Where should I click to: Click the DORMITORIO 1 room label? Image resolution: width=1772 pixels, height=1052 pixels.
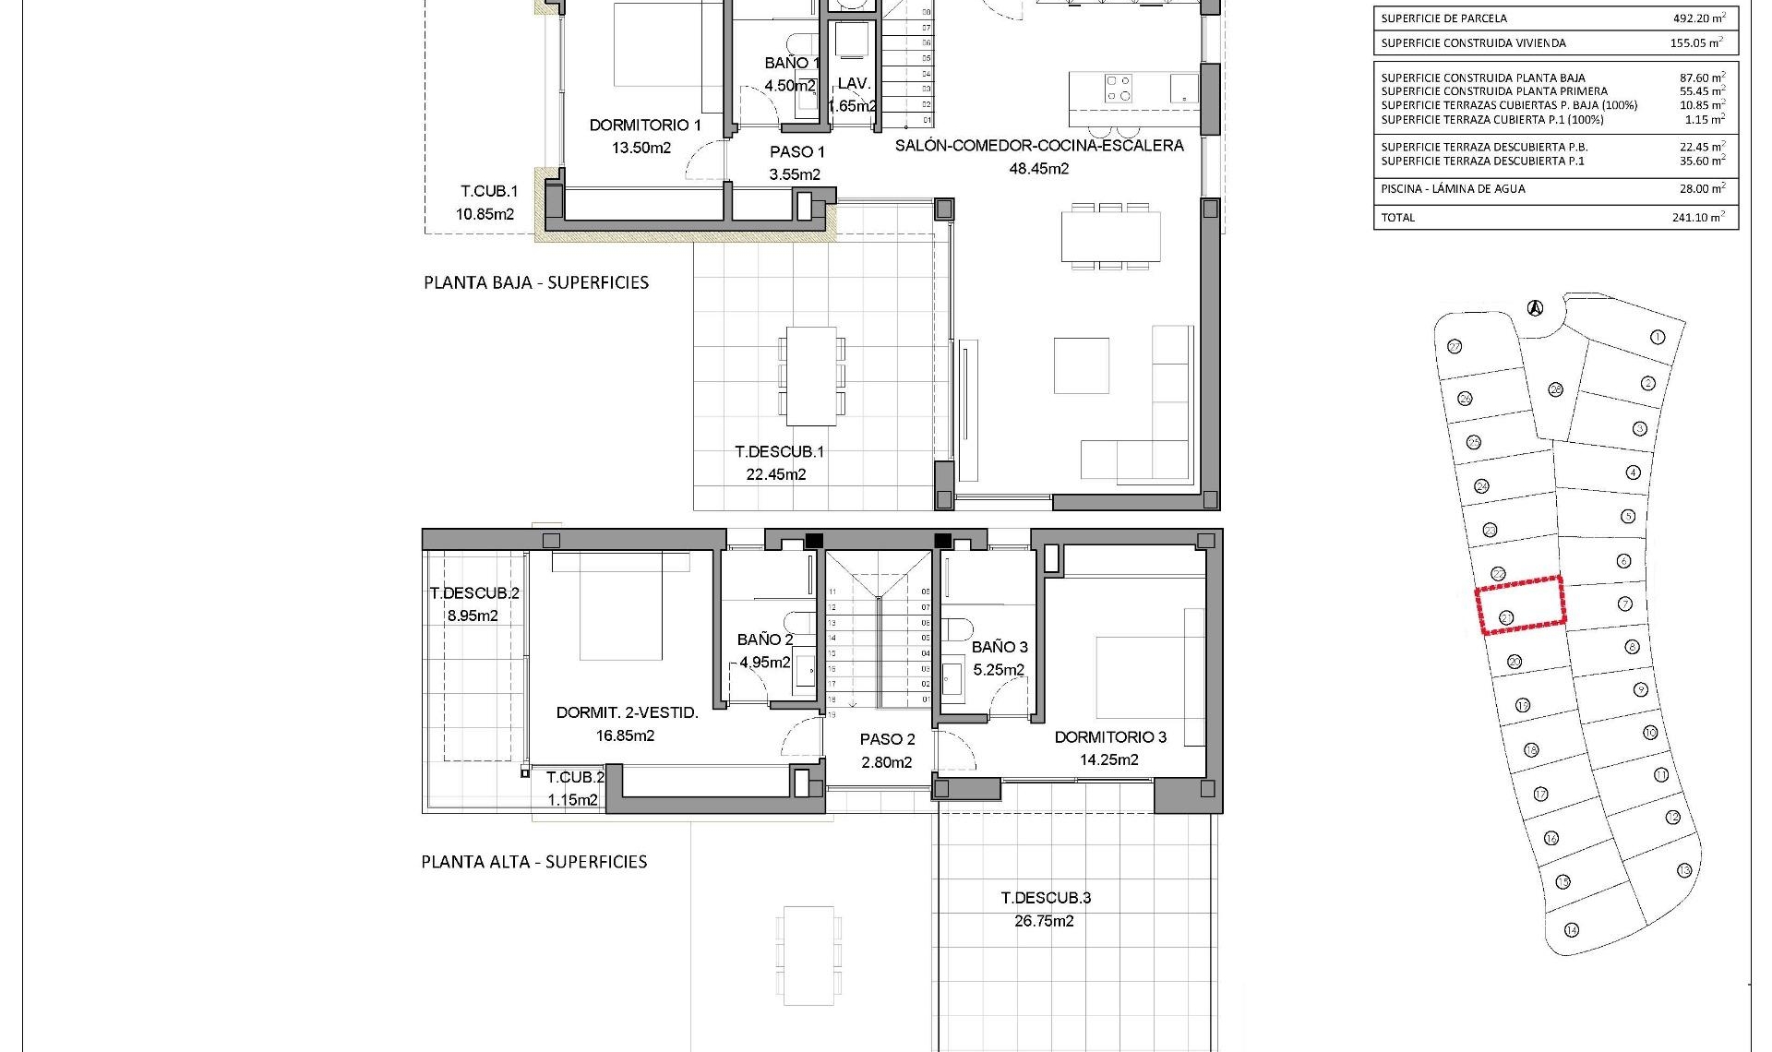pos(645,125)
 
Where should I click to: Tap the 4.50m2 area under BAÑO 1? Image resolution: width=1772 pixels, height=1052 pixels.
pos(790,86)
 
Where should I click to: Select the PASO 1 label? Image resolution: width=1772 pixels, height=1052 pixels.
pos(796,152)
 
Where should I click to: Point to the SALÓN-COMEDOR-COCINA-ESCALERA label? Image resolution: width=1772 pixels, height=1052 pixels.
pos(1039,146)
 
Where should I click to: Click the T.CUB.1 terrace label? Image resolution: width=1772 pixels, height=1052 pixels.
pos(489,192)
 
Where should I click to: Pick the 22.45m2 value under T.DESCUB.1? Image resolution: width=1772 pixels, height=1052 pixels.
pos(775,474)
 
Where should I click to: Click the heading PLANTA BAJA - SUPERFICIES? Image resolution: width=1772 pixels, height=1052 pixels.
pos(536,283)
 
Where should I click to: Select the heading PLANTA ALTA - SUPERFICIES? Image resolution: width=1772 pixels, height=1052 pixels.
pos(534,862)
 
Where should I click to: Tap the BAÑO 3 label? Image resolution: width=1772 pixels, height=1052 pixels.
pos(999,647)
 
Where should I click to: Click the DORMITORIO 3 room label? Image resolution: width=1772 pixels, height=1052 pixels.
pos(1110,737)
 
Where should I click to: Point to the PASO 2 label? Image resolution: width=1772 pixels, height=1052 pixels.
pos(887,739)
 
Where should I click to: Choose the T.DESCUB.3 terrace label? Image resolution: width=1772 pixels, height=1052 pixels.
pos(1046,898)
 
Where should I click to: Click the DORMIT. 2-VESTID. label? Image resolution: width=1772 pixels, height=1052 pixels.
pos(627,712)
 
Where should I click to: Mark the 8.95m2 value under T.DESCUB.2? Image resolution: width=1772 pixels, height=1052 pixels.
pos(473,616)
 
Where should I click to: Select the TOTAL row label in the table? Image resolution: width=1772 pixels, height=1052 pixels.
pos(1397,218)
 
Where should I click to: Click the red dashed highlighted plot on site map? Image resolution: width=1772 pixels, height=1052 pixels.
pos(1520,605)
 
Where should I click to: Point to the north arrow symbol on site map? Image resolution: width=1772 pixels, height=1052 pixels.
pos(1535,308)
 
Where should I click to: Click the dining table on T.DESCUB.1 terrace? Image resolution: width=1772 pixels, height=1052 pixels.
pos(811,376)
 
